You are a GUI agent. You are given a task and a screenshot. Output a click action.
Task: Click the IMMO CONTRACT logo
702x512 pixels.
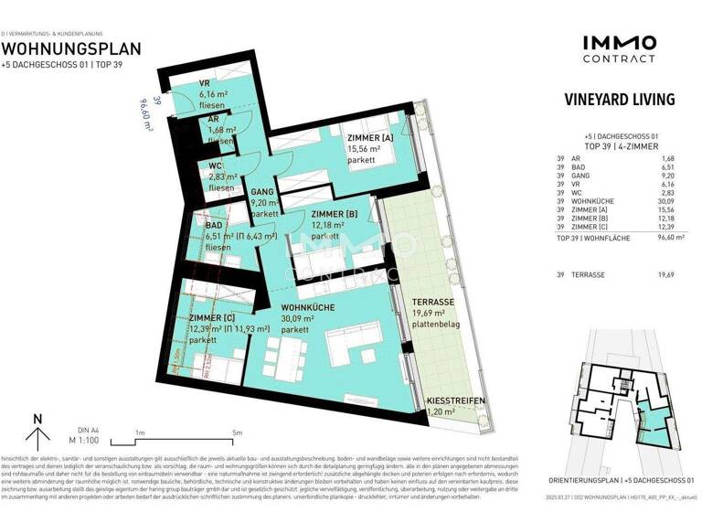pos(619,48)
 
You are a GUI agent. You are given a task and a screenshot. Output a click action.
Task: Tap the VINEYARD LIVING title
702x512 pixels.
pos(619,99)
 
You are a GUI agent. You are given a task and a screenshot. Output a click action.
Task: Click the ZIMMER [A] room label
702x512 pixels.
pos(371,138)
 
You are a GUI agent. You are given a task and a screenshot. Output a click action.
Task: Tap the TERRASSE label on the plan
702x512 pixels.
pos(431,302)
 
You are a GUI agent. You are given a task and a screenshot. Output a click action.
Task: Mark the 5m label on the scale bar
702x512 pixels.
pos(238,432)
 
